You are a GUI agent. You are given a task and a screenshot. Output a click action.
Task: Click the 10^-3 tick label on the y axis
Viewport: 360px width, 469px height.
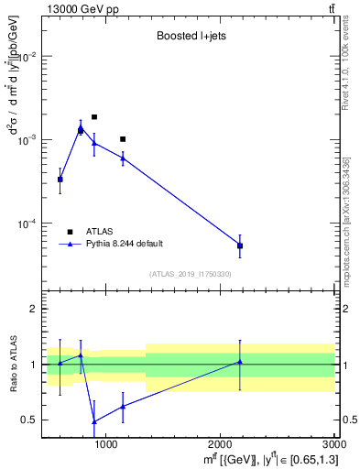tap(27, 140)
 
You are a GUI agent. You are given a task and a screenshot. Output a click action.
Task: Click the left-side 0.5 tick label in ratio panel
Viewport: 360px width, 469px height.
tap(29, 420)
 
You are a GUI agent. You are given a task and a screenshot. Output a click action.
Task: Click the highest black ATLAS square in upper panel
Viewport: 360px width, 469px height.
tap(94, 117)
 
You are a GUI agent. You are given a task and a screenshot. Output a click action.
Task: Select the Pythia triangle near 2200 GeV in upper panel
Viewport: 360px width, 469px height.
tap(240, 245)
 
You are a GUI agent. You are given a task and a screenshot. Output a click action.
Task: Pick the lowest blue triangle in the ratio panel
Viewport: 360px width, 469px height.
tap(94, 421)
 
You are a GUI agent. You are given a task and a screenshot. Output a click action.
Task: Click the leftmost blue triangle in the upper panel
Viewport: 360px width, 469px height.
tap(60, 179)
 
